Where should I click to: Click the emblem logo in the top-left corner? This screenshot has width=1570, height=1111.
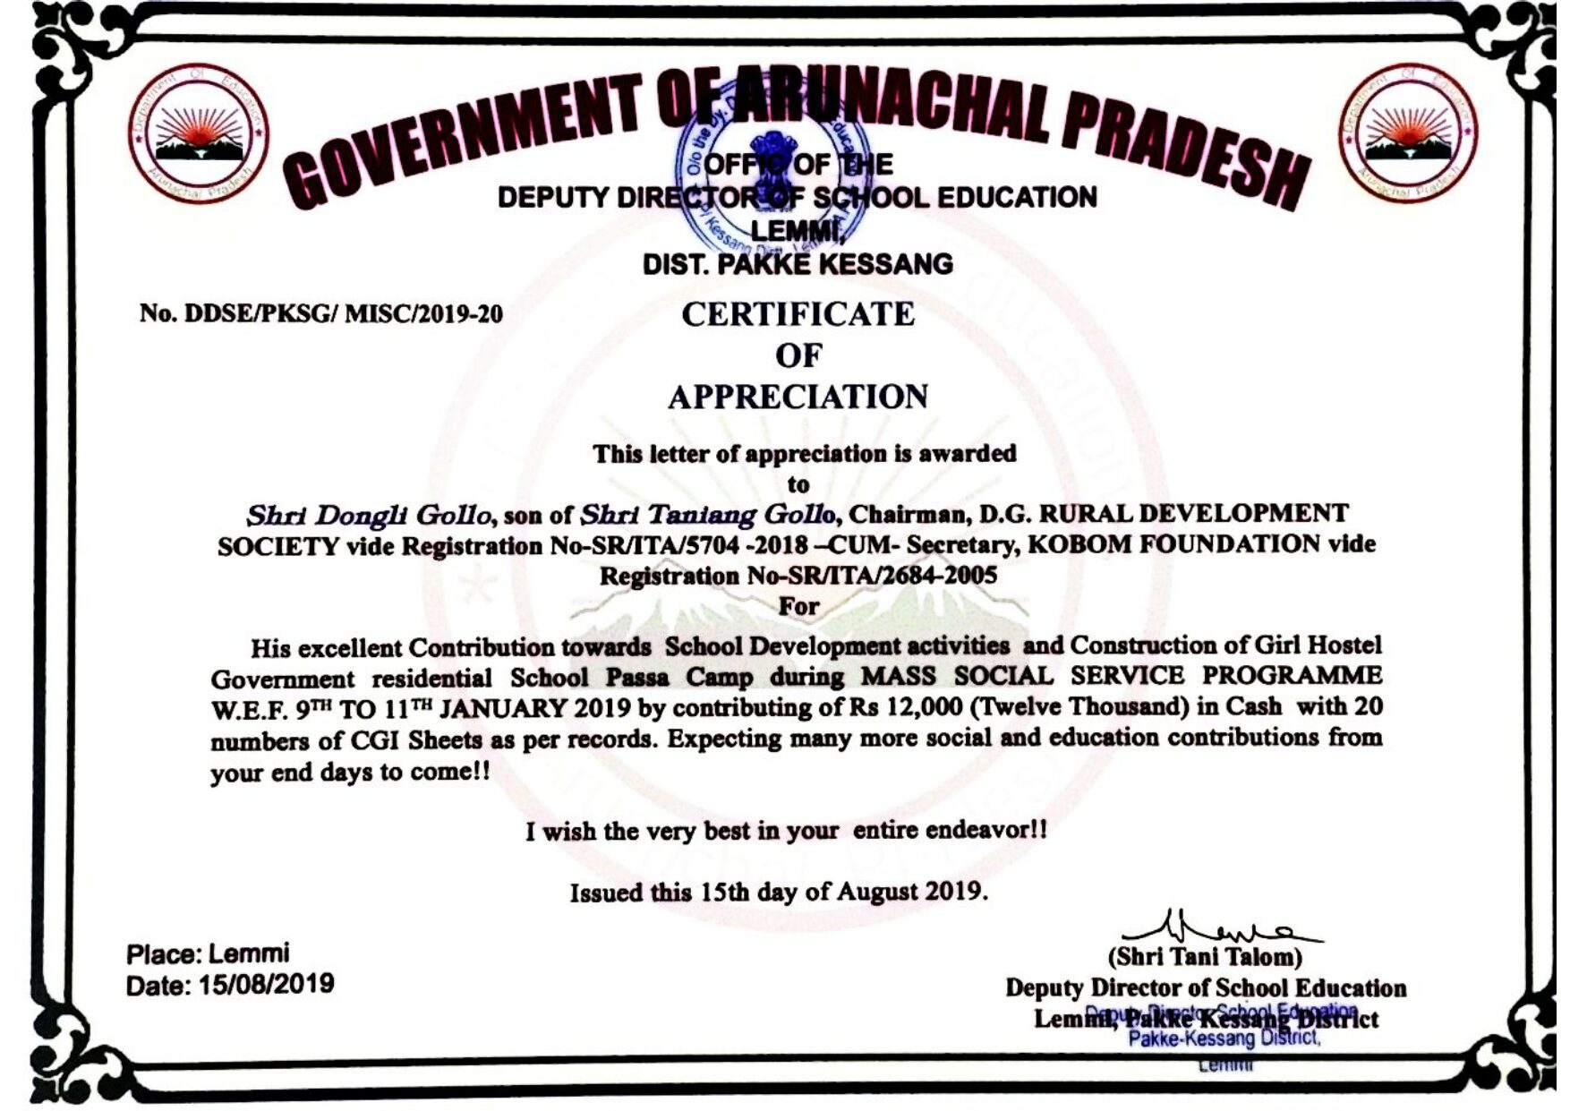[199, 135]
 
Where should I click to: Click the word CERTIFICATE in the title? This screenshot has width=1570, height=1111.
[798, 315]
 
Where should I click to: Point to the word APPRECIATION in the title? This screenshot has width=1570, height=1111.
[798, 397]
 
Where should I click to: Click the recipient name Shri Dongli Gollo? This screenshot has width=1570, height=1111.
[369, 516]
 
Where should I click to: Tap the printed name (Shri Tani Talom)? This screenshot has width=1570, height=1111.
[1205, 957]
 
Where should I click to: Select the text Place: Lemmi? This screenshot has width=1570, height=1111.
[208, 953]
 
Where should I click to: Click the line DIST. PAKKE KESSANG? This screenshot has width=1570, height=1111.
[798, 265]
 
